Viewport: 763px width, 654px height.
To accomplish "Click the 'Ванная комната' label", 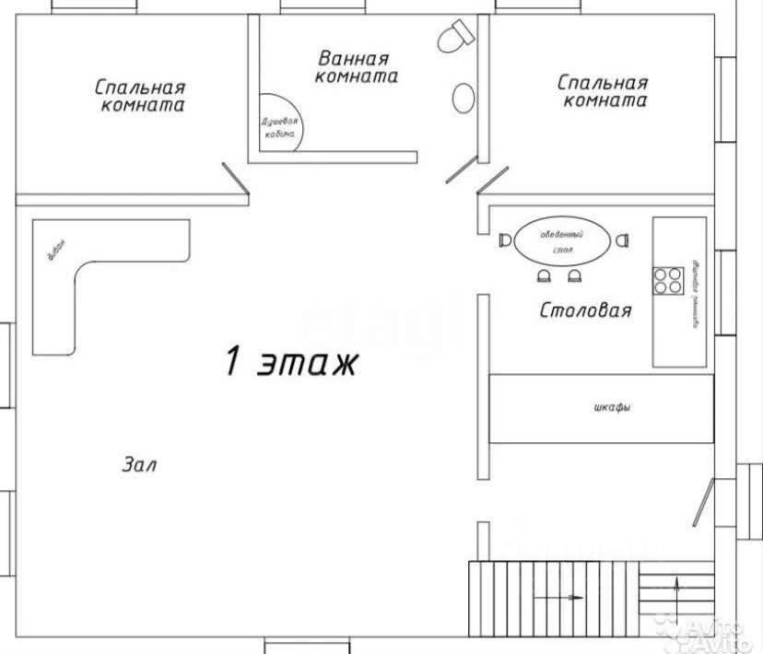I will click(x=356, y=67).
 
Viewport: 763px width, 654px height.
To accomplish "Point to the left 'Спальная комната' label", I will click(x=140, y=96).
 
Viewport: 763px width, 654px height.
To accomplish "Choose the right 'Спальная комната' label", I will click(x=604, y=91).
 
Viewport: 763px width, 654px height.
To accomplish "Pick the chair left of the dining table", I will click(x=504, y=240).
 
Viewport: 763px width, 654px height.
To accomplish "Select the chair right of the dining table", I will click(x=624, y=240).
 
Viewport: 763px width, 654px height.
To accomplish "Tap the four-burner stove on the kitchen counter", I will click(x=668, y=280).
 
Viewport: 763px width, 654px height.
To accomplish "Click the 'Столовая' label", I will click(x=585, y=309).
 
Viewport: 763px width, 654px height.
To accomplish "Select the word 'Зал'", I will click(x=139, y=464).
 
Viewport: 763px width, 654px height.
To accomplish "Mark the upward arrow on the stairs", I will click(x=678, y=588).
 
